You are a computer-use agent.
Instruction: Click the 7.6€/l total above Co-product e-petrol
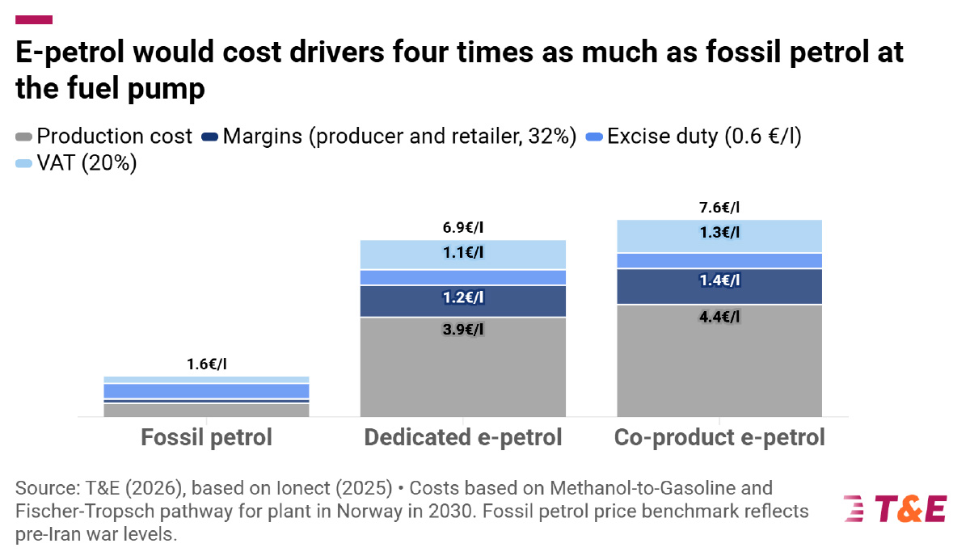point(719,208)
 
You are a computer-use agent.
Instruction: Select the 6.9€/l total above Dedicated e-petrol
point(463,227)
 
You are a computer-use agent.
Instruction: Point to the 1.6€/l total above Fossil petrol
point(207,364)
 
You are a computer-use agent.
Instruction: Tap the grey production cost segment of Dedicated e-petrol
point(463,367)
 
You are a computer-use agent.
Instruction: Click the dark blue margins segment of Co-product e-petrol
point(719,287)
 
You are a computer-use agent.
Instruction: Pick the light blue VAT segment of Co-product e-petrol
point(719,236)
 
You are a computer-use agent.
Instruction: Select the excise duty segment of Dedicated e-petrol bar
point(463,277)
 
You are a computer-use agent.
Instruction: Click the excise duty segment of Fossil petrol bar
point(207,391)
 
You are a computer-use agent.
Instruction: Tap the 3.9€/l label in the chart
point(463,330)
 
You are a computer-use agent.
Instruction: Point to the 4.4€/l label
point(719,317)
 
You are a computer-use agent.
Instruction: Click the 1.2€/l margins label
point(463,297)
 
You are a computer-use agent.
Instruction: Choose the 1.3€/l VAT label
point(719,233)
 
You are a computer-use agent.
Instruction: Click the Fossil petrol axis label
point(207,437)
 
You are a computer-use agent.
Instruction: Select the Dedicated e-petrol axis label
point(463,437)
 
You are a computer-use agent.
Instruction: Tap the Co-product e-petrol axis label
point(719,437)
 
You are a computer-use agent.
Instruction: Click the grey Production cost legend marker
point(23,137)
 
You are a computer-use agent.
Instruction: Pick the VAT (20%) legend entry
point(76,163)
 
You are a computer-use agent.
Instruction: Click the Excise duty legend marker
point(594,137)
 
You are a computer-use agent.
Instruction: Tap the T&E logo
point(895,509)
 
